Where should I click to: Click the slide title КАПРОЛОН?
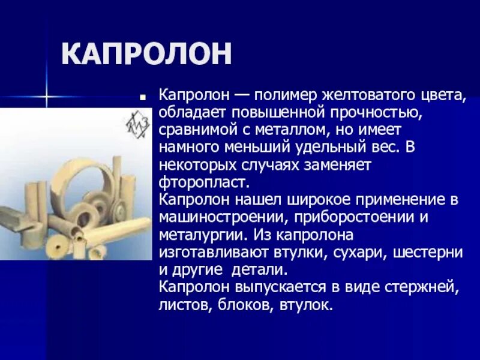pos(146,55)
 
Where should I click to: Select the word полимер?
pos(286,95)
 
